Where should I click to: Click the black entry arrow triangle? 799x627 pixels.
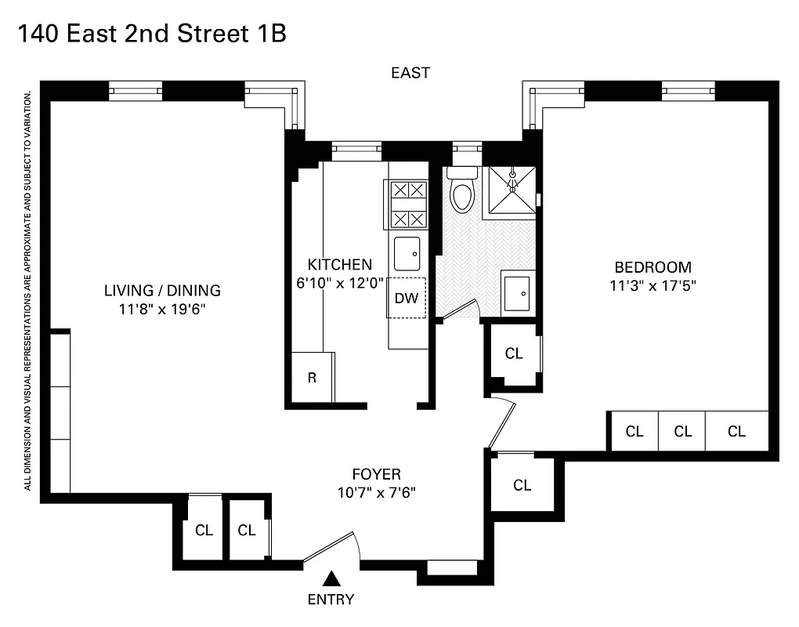click(332, 579)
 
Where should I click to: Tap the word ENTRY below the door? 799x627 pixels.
click(331, 600)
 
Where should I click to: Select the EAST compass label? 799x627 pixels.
click(410, 73)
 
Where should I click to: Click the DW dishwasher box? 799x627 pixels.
click(406, 298)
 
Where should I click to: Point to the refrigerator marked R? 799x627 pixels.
click(312, 377)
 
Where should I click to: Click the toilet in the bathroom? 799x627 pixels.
click(462, 193)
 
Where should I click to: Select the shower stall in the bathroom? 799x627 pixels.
click(512, 190)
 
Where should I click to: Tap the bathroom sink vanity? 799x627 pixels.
click(518, 293)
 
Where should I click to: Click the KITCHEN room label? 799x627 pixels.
click(339, 264)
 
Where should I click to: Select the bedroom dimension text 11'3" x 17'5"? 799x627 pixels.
click(653, 286)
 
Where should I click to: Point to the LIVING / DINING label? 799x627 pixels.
click(162, 291)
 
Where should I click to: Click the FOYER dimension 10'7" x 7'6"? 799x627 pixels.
click(376, 494)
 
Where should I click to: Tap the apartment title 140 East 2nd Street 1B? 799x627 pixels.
click(151, 34)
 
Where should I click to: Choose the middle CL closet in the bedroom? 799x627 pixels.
click(682, 431)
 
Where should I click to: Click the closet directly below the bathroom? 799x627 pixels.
click(514, 354)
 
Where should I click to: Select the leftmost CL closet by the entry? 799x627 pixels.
click(204, 531)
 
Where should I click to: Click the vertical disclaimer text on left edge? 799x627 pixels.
click(27, 290)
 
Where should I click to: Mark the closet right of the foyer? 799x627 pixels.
click(522, 485)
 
